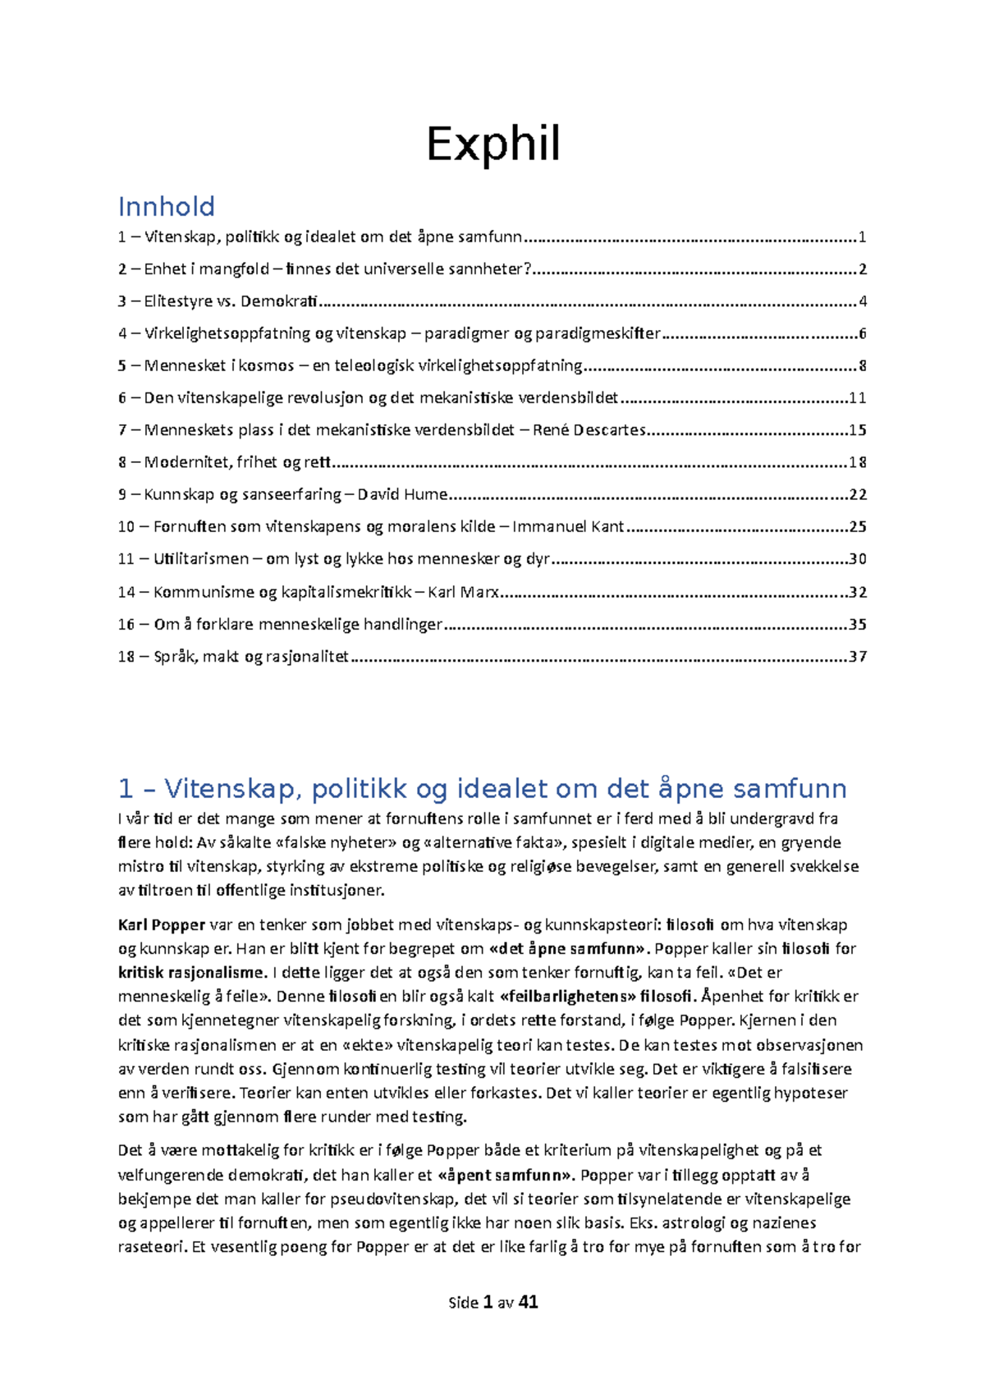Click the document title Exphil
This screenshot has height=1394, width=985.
pos(493,145)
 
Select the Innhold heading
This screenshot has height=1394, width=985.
pos(167,206)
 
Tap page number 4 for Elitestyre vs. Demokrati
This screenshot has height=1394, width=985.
pos(862,301)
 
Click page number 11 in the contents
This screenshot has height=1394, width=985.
pos(858,398)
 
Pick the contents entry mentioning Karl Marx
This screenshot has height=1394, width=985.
pos(309,592)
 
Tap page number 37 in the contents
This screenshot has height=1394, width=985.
pos(858,657)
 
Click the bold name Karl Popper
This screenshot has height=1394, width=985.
pos(162,925)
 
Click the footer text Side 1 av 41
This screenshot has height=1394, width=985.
pos(493,1302)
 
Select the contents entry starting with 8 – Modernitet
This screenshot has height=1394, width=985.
pos(224,462)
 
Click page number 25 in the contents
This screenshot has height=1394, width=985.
pos(858,527)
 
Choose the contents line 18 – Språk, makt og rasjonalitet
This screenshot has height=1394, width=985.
pos(234,657)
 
